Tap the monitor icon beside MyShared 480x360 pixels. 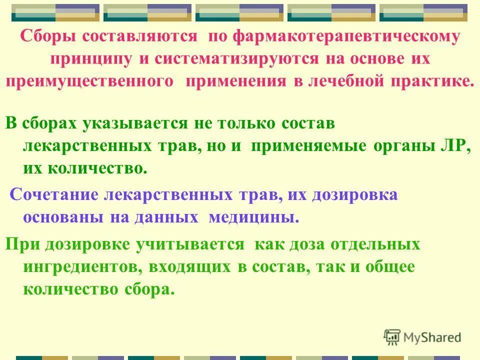pyautogui.click(x=392, y=337)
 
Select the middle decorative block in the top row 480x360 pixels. pyautogui.click(x=239, y=12)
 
